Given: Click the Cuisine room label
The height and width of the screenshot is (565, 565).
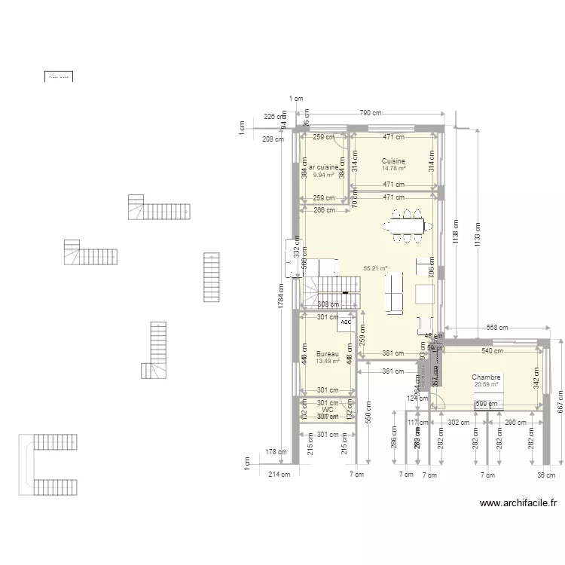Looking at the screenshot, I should (393, 161).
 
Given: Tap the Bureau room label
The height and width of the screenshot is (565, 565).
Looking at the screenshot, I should (328, 354).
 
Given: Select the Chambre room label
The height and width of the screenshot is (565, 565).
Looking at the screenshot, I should (486, 377).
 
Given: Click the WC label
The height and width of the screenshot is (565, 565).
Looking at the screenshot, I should (328, 410).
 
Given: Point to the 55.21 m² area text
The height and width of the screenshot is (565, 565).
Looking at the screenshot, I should (375, 268).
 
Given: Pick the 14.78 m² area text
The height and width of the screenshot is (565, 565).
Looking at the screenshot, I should (393, 169).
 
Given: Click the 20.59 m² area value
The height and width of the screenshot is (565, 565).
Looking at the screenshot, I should (486, 385).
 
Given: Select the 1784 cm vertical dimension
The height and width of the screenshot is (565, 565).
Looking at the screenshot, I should (279, 296).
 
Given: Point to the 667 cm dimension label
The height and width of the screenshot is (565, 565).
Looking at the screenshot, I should (560, 407).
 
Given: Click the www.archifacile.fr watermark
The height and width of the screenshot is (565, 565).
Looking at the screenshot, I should (518, 504).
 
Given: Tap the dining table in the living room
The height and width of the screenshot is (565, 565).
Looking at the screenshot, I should (407, 224).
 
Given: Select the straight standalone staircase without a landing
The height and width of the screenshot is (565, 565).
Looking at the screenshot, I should (211, 276).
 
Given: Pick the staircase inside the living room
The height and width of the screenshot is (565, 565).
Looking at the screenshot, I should (331, 288).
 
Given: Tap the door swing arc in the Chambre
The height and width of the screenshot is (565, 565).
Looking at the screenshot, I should (439, 401).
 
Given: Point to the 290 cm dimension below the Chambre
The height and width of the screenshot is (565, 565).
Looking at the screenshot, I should (516, 423).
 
